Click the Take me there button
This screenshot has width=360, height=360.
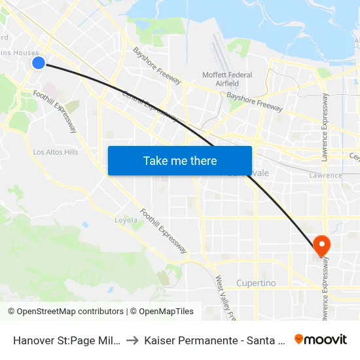180,160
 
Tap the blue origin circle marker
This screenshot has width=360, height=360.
39,63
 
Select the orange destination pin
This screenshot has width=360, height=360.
321,245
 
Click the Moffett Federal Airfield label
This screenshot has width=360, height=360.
227,79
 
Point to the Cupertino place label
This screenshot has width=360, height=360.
257,283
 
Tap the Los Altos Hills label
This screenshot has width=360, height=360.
56,152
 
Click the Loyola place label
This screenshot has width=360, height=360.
127,220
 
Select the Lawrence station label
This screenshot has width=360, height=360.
326,175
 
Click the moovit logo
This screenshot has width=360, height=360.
321,339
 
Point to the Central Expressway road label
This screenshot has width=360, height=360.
150,105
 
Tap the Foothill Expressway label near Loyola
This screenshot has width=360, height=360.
164,231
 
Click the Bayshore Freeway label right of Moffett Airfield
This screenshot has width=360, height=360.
255,101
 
